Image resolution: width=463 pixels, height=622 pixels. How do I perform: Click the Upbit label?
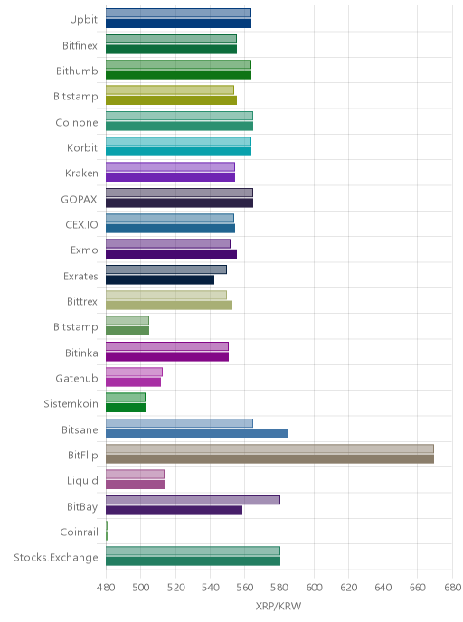[x=83, y=20]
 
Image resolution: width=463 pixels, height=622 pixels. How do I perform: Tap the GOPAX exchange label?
[x=79, y=199]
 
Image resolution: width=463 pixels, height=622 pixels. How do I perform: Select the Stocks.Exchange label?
[x=56, y=557]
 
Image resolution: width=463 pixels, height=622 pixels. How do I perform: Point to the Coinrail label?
[x=79, y=532]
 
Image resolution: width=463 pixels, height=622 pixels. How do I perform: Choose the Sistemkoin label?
[x=71, y=403]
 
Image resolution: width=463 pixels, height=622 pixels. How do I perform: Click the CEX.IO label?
[x=81, y=224]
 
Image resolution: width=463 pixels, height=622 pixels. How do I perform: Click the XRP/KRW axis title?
[x=279, y=606]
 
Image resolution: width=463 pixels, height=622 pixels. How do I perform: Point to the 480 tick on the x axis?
[x=106, y=587]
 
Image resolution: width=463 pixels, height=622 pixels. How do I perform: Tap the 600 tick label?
[x=314, y=587]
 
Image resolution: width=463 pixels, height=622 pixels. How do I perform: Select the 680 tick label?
[x=452, y=587]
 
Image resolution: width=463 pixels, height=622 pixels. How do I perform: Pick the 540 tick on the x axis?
[x=210, y=587]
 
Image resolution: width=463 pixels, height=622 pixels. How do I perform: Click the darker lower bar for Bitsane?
[x=197, y=433]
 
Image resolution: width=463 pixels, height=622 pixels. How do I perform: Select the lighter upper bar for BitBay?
[x=193, y=500]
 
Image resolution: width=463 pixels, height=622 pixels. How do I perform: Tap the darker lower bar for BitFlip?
[x=269, y=459]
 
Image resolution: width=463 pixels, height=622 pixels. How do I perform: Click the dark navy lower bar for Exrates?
[x=160, y=279]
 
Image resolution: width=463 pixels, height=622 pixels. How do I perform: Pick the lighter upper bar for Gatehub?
[x=134, y=372]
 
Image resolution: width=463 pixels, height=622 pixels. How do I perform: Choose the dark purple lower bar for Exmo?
[x=172, y=254]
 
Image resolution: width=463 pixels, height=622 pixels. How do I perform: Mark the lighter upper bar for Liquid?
[x=135, y=474]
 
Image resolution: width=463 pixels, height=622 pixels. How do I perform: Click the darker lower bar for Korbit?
[x=178, y=152]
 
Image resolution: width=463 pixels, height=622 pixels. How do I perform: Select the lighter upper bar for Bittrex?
[x=166, y=295]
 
